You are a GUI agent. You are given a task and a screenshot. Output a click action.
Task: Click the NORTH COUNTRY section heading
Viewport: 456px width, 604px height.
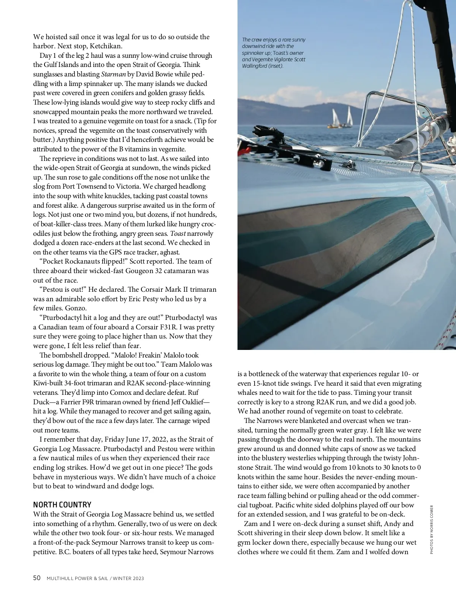(62, 505)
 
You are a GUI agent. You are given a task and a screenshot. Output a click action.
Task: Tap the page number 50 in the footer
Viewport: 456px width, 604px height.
(37, 578)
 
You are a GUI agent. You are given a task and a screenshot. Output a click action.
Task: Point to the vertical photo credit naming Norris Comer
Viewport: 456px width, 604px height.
(432, 529)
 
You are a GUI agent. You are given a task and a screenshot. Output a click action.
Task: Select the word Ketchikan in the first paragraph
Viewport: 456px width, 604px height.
(106, 46)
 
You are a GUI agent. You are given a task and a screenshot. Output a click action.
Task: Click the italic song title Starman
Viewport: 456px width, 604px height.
(113, 74)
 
